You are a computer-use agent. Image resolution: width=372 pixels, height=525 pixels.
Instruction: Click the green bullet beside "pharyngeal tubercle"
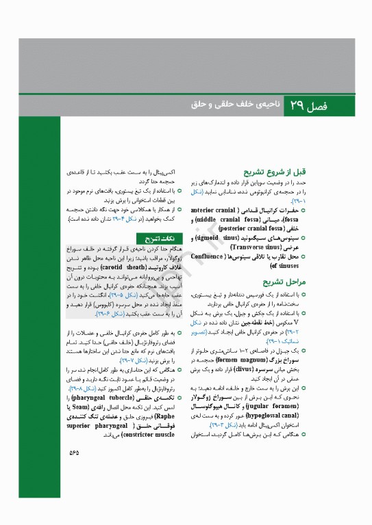click(x=178, y=396)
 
